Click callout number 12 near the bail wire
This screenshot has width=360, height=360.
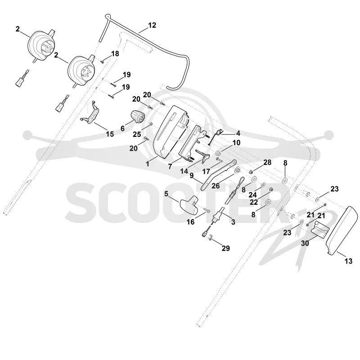coord(152,25)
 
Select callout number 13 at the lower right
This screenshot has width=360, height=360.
coord(348,261)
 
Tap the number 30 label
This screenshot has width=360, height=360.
coord(305,243)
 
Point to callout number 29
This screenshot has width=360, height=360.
coord(226,248)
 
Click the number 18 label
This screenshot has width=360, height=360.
coord(115,54)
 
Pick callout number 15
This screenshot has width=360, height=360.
coord(110,134)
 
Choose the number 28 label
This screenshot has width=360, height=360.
coord(267,162)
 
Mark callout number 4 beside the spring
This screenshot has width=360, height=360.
coord(238,133)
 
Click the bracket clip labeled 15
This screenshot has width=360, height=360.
coord(90,112)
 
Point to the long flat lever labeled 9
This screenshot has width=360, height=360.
coord(218,175)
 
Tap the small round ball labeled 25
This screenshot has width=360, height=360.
coord(151,124)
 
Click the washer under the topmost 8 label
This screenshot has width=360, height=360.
coord(285,180)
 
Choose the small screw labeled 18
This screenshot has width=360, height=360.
coord(103,61)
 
